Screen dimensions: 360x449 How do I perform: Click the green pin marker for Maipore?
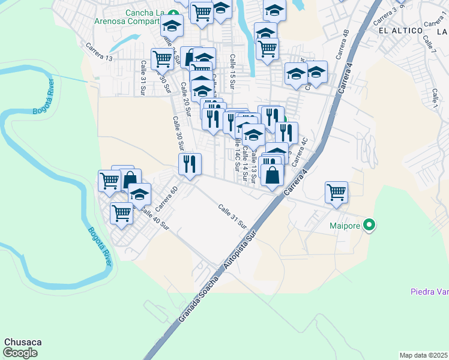click(370, 226)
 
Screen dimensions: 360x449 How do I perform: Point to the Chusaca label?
click(23, 342)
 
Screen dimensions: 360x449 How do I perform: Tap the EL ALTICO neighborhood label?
click(396, 29)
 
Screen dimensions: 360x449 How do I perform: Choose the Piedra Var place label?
click(429, 292)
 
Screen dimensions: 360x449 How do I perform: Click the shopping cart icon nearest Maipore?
click(336, 193)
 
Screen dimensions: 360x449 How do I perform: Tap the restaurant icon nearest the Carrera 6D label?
click(190, 163)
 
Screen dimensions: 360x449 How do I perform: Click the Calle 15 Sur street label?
click(232, 68)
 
